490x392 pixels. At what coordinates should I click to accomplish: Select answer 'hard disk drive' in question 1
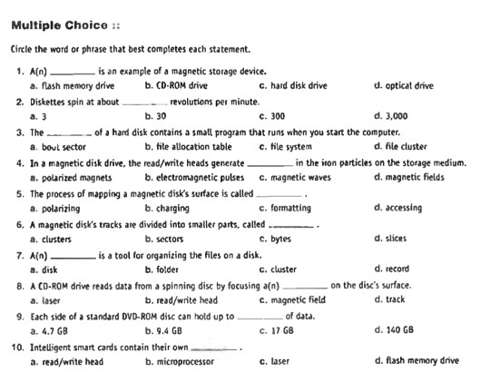pyautogui.click(x=299, y=85)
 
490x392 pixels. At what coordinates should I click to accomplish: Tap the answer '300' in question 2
pyautogui.click(x=277, y=116)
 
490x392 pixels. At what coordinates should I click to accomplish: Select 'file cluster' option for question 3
pyautogui.click(x=406, y=146)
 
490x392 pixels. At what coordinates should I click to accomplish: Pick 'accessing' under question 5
pyautogui.click(x=403, y=208)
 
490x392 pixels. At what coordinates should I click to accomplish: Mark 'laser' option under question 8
pyautogui.click(x=49, y=300)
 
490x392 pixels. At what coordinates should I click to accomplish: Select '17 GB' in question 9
pyautogui.click(x=282, y=331)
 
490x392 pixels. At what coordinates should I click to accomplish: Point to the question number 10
pyautogui.click(x=18, y=347)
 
